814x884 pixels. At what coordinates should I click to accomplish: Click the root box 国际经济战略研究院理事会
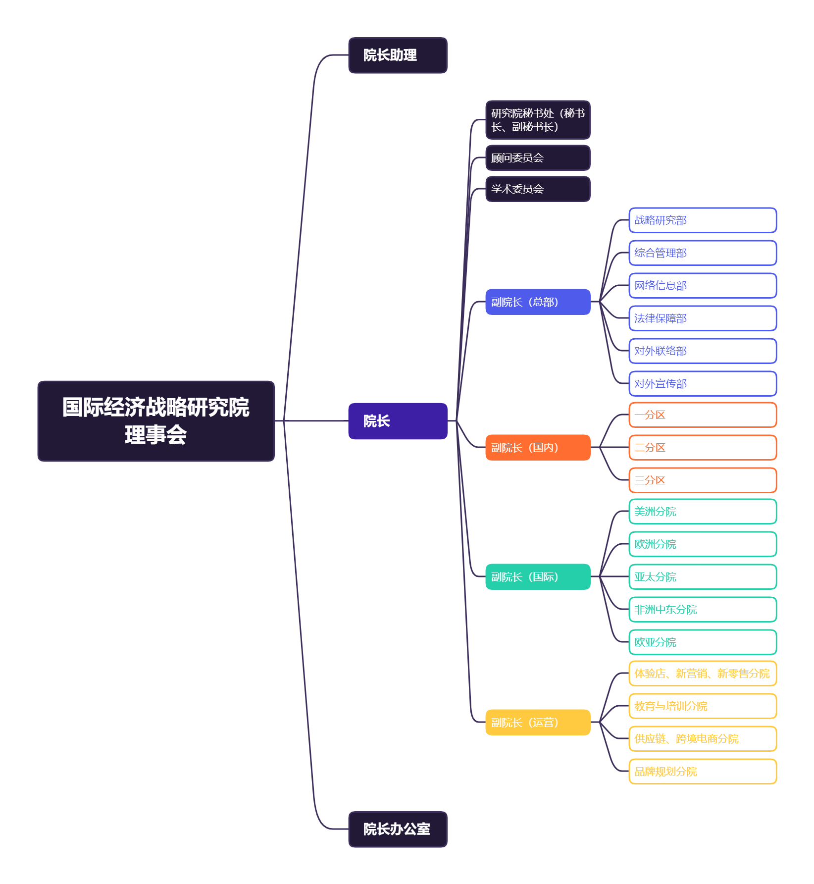pos(156,421)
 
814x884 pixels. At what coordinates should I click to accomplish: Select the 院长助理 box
pos(398,55)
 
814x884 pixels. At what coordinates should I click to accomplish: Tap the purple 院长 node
pos(398,421)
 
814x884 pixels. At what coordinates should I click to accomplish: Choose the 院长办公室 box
pos(398,829)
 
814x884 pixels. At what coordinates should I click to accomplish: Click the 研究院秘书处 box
pos(538,120)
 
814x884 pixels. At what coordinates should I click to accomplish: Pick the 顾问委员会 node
pos(538,158)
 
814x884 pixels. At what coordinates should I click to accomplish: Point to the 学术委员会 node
pos(538,189)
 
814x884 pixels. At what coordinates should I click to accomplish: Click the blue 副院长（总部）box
pos(538,302)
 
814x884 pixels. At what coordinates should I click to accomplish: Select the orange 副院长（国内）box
pos(538,448)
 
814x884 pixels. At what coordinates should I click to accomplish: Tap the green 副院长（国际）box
pos(538,577)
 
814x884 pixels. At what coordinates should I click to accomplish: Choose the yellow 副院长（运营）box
pos(538,723)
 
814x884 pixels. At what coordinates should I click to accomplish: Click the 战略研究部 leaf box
pos(702,220)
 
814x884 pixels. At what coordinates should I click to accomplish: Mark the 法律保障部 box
pos(702,318)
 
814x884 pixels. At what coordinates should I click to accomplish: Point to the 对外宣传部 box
pos(702,384)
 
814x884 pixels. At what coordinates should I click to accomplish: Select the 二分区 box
pos(702,448)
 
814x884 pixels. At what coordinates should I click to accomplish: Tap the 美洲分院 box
pos(702,512)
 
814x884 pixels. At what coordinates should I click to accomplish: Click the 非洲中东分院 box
pos(702,610)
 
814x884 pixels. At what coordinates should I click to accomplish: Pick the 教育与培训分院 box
pos(702,706)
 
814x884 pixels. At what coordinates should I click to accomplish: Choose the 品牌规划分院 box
pos(702,772)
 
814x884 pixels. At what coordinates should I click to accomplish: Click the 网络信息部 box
pos(702,286)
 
